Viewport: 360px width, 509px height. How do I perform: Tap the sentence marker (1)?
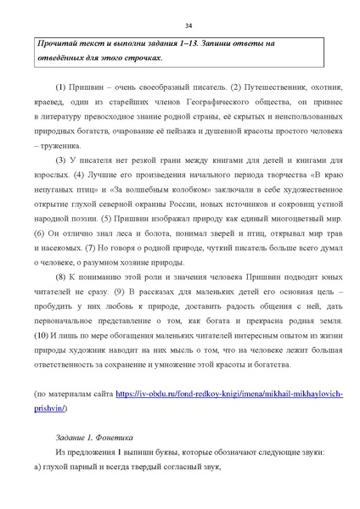click(60, 87)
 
